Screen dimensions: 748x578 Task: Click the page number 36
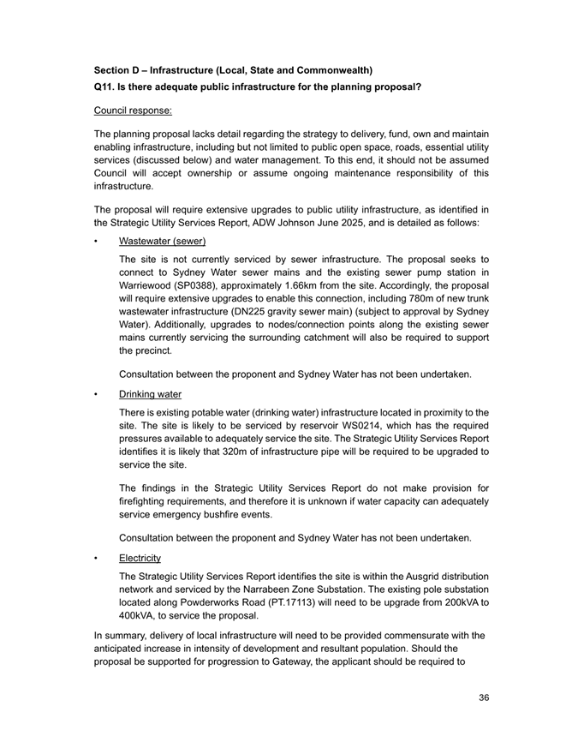(x=484, y=698)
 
